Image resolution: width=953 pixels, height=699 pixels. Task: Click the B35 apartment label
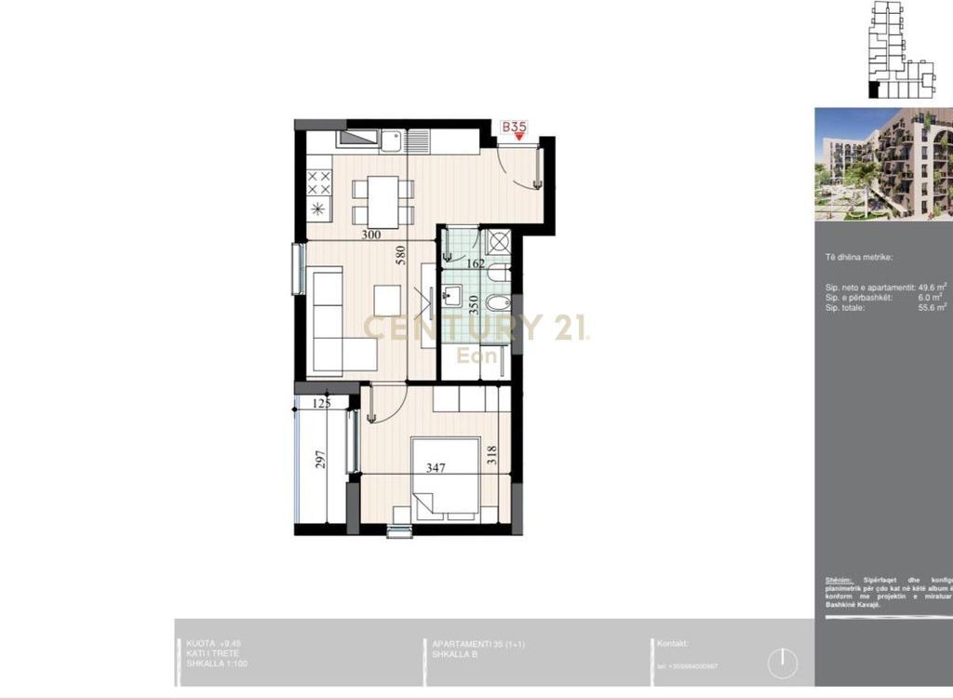515,127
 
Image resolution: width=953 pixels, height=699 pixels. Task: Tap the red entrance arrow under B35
519,137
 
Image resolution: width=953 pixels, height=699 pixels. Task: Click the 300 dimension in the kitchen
371,235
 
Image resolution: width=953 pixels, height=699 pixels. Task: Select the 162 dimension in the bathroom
475,264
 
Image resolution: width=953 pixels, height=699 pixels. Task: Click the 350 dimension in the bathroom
475,306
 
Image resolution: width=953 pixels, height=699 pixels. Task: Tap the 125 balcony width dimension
322,404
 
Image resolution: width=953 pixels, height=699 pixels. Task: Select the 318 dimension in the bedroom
492,455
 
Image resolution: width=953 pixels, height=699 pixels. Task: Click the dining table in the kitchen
383,200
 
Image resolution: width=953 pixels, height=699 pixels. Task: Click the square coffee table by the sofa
387,300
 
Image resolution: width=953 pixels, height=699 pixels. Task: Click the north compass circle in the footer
784,664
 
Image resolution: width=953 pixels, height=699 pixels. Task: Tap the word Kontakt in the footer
672,643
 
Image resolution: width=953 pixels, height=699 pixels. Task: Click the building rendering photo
883,164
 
